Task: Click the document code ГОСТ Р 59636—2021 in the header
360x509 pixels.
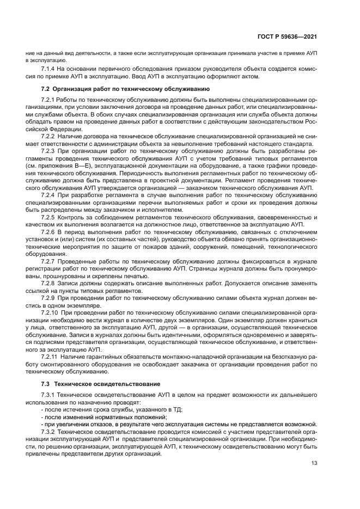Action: click(x=288, y=37)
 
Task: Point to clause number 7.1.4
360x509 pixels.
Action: click(x=49, y=69)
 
